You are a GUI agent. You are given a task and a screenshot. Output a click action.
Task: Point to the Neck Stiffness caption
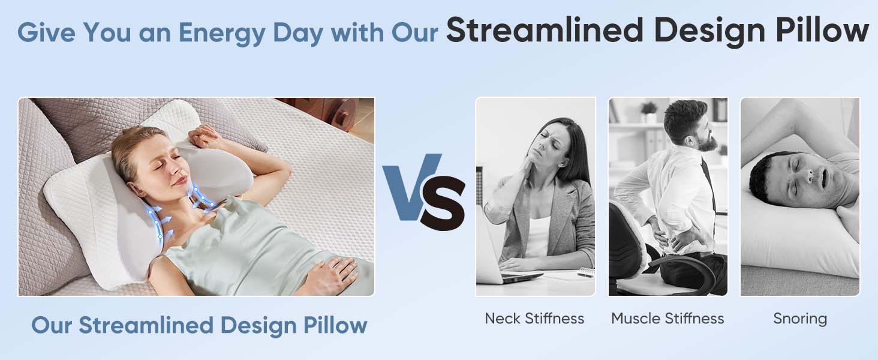click(534, 318)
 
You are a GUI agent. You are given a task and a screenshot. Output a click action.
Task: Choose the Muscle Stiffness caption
click(667, 318)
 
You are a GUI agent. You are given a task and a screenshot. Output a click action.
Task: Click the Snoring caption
click(800, 318)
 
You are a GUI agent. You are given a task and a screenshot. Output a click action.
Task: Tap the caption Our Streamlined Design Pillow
click(199, 325)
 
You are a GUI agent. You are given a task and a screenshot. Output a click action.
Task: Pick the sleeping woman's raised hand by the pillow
click(207, 136)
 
